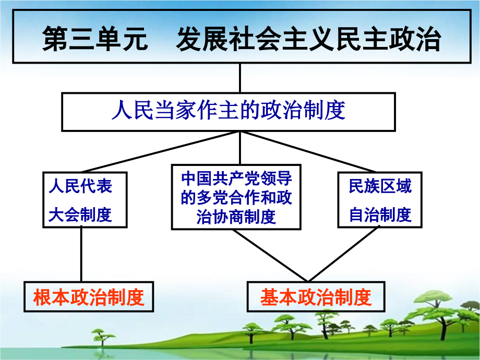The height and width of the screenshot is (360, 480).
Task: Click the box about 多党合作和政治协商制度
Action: coord(236,197)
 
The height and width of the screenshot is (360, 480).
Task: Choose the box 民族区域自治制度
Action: coord(380,200)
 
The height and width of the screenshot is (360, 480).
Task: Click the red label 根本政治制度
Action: coord(88,297)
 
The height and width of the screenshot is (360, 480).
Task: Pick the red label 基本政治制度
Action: coord(316,297)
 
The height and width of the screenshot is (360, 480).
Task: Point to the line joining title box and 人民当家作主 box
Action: coord(239,79)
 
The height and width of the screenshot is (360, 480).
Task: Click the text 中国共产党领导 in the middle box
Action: coord(236,178)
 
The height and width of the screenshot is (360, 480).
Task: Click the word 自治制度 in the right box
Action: coord(380,214)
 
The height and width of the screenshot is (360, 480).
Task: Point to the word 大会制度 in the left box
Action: coord(80,215)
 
